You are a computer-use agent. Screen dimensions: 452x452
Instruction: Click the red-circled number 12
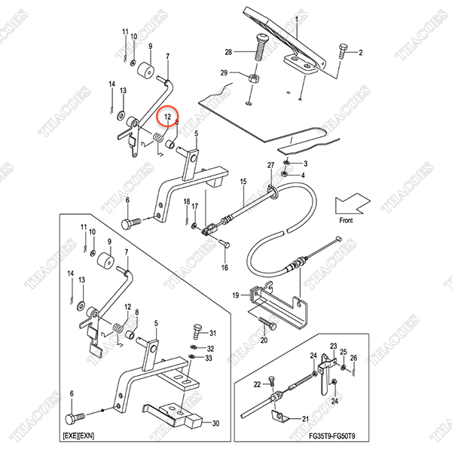point(167,117)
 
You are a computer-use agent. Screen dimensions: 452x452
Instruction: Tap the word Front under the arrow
point(346,221)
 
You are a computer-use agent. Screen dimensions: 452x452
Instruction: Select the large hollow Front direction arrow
point(353,203)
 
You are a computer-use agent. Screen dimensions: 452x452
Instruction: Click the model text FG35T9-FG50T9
point(332,435)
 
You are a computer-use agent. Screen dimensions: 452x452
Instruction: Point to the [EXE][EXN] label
point(78,435)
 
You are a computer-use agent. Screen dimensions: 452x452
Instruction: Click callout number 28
point(228,52)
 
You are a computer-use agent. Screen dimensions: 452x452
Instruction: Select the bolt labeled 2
point(343,51)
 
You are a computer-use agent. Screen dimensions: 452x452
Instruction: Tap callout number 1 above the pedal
point(296,20)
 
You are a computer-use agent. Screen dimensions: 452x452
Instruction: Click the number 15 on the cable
point(243,182)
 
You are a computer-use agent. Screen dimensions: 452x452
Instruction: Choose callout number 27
point(270,165)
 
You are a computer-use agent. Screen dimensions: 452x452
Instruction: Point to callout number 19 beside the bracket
point(236,295)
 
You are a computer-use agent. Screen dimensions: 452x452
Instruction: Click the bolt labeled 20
point(267,323)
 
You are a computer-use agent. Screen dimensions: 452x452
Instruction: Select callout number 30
point(215,423)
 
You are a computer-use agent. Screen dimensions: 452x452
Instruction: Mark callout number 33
point(209,359)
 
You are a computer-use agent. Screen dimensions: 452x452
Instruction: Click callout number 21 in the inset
point(305,419)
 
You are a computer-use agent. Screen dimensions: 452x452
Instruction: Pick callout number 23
point(333,347)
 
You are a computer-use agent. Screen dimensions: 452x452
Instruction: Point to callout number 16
point(224,267)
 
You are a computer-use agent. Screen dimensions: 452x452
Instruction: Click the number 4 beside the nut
point(303,176)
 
